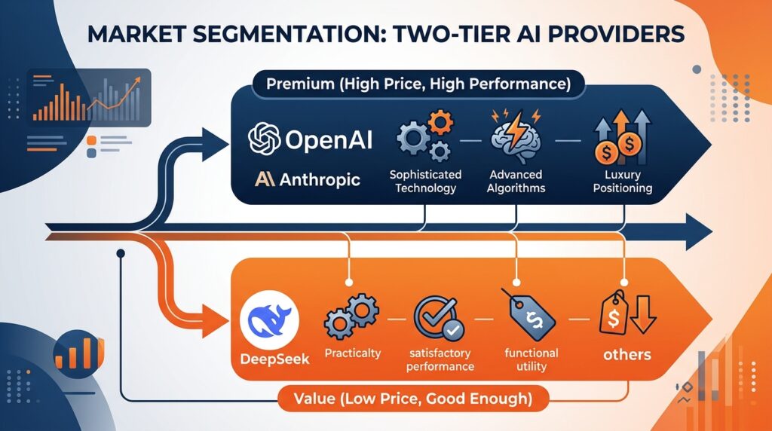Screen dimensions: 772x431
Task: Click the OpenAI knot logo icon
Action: [x=265, y=139]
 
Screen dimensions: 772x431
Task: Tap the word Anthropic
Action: [x=320, y=179]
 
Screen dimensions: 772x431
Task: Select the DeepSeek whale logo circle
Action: [x=269, y=319]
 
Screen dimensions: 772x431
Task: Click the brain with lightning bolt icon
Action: [x=516, y=136]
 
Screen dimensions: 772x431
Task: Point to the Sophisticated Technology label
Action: [x=425, y=181]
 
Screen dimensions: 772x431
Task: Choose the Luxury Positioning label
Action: [x=622, y=181]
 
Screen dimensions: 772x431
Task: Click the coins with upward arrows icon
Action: [x=622, y=138]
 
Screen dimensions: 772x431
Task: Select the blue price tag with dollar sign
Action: [x=529, y=316]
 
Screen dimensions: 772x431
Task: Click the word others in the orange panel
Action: [x=626, y=355]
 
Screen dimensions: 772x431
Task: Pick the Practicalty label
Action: [x=353, y=353]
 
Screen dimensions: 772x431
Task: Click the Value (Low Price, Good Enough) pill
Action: [x=413, y=398]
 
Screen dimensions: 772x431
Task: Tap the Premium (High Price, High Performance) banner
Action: [x=418, y=84]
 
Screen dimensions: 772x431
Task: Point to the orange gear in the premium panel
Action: [x=440, y=122]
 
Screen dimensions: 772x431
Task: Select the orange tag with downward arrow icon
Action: [x=627, y=314]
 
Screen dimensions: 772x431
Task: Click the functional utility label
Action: [x=532, y=359]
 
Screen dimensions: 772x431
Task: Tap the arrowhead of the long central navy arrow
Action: [x=699, y=232]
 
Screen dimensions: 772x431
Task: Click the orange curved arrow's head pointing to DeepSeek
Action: [x=216, y=321]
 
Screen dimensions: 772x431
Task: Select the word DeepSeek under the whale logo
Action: [x=274, y=359]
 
